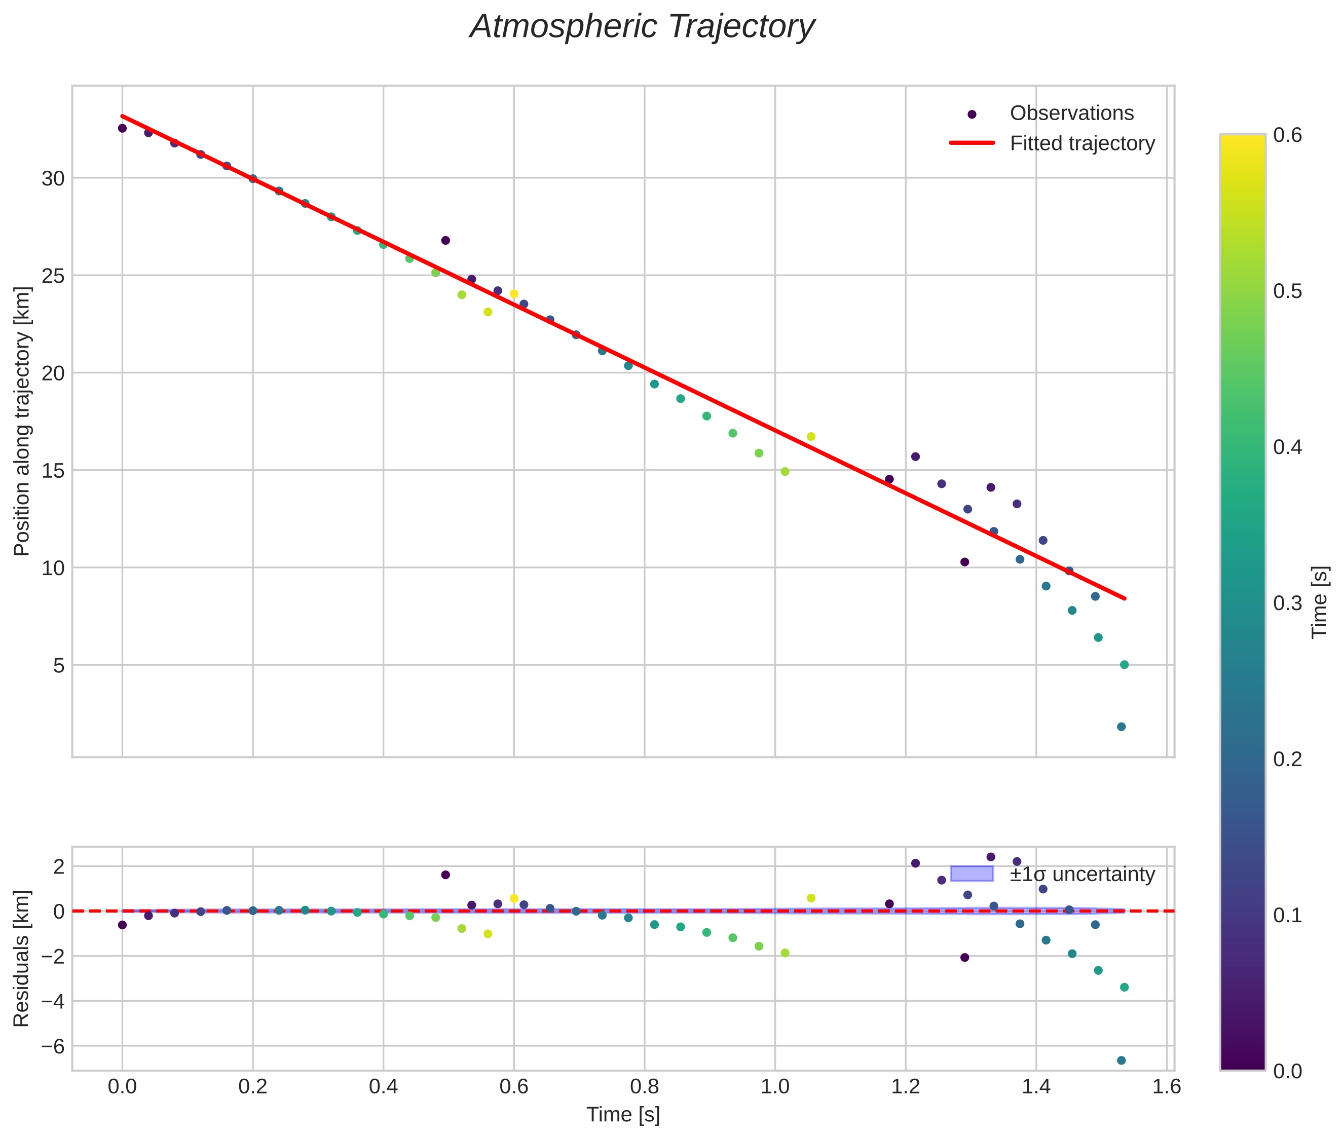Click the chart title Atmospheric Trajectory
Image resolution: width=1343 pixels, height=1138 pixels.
[642, 27]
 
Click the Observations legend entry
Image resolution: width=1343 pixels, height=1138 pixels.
[1071, 113]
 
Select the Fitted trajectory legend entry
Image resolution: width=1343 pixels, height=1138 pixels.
[1081, 143]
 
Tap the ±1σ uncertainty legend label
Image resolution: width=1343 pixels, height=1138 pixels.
[1081, 875]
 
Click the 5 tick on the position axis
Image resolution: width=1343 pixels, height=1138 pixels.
[59, 666]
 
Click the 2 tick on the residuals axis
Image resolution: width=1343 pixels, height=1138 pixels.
[59, 866]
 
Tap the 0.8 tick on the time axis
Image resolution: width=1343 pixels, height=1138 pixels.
[644, 1087]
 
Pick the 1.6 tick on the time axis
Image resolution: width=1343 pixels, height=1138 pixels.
[1166, 1087]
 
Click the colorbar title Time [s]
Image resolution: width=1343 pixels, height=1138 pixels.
[1320, 602]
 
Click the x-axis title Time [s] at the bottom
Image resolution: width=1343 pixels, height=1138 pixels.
[623, 1115]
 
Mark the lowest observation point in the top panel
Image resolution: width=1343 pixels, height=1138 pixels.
[1121, 727]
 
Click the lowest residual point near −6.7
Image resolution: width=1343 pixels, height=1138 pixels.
[1121, 1060]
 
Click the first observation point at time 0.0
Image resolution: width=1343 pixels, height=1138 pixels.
[122, 128]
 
